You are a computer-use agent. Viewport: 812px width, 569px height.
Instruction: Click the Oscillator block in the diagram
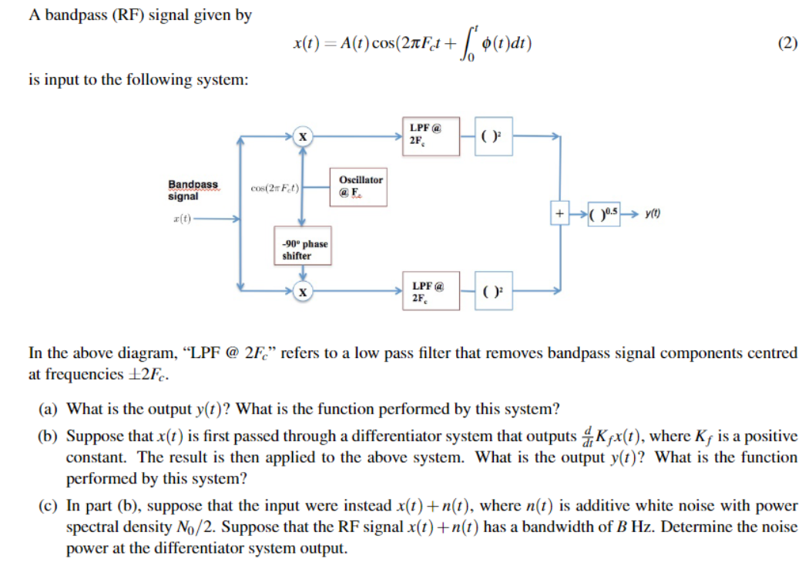click(360, 186)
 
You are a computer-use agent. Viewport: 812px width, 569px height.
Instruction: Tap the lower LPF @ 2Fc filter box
click(431, 290)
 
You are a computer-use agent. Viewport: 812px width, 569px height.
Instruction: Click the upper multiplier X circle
click(304, 136)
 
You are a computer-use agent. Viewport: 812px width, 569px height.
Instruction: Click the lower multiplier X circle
click(304, 291)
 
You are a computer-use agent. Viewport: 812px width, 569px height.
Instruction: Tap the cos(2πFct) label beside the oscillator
click(273, 188)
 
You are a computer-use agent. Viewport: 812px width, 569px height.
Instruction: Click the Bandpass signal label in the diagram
click(193, 190)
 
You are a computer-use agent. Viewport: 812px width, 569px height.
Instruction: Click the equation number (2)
click(787, 44)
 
